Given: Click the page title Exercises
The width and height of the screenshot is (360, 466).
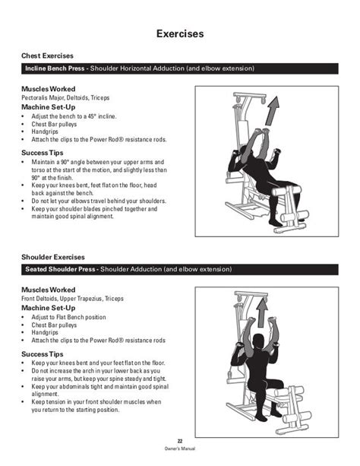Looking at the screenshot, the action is click(180, 33).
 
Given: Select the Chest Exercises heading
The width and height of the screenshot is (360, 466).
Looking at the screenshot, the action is click(47, 55).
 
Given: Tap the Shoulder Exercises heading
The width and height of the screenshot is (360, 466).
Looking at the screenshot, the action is click(53, 257).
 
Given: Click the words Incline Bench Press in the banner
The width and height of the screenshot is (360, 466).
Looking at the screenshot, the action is click(55, 68).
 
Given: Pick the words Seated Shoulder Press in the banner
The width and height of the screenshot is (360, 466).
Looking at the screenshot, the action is click(60, 269).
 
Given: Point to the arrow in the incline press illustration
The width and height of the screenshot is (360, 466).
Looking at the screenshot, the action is click(272, 110).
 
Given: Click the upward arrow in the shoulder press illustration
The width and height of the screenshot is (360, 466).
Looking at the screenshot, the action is click(262, 312).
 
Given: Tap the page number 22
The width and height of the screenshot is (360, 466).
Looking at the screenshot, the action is click(180, 441).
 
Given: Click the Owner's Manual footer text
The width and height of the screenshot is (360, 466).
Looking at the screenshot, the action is click(180, 449).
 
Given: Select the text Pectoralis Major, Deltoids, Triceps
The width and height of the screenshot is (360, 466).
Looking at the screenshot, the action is click(65, 98).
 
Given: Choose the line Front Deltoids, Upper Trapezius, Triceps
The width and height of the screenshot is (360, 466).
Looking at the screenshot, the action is click(72, 299).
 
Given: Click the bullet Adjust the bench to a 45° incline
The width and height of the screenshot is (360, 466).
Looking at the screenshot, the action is click(74, 116).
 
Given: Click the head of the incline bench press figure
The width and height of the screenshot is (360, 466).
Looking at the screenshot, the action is click(246, 151).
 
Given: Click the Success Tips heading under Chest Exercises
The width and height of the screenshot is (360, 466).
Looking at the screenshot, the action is click(43, 153).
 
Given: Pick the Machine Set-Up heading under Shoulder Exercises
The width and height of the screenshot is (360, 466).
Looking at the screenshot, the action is click(49, 308).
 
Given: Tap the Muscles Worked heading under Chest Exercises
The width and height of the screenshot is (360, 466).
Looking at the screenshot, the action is click(49, 89).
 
